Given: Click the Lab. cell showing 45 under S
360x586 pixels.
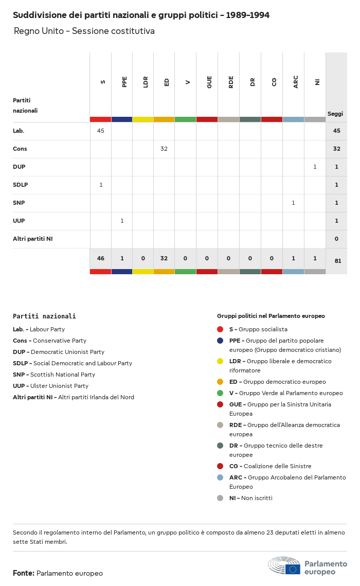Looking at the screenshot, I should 100,131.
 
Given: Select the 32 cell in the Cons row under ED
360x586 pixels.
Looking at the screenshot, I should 164,149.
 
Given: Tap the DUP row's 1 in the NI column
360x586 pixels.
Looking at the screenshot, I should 315,167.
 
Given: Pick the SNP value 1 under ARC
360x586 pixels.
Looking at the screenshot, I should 293,203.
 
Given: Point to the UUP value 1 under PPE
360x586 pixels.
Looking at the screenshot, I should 122,221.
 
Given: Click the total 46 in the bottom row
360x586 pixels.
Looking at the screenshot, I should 100,258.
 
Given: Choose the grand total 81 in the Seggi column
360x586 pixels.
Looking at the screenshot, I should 337,261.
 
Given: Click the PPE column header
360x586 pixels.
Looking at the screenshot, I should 124,82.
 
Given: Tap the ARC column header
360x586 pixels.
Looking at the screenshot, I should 296,82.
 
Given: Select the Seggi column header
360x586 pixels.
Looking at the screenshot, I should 335,114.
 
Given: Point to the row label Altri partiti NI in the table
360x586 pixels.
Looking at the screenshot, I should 32,239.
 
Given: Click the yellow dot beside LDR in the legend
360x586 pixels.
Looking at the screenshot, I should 220,361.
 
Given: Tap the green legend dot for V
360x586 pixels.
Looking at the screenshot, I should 220,393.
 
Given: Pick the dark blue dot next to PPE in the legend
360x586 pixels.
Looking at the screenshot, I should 220,341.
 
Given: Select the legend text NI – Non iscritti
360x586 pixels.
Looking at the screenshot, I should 250,498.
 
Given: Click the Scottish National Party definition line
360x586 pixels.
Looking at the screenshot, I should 54,375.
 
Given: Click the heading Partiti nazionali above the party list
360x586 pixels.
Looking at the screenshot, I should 44,316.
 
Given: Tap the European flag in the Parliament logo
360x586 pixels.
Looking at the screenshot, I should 293,569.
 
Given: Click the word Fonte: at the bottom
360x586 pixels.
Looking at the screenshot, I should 24,573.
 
